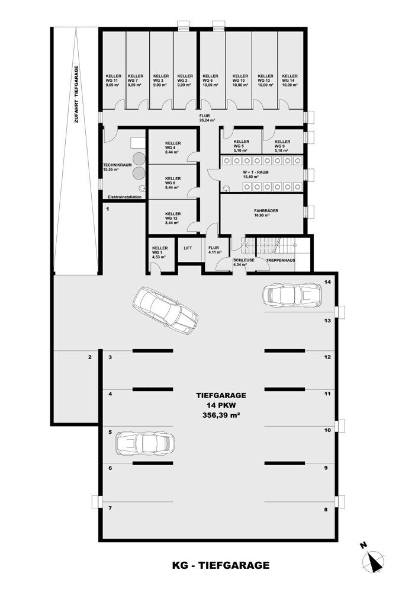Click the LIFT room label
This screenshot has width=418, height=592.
coord(188,248)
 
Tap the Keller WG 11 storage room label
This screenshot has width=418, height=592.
coord(114,81)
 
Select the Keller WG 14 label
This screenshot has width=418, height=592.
coord(290,81)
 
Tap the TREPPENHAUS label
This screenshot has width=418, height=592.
coord(280,261)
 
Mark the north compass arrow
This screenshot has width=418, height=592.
coord(374,560)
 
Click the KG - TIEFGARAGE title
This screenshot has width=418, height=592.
coord(221,565)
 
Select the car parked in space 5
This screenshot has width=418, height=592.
coord(146,443)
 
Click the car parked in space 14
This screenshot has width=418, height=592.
coord(292,294)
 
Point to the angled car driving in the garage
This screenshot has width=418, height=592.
coord(165,311)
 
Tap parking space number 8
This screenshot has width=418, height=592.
coord(326,509)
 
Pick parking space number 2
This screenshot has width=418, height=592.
coord(90,357)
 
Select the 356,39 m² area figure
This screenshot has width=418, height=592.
coord(221,415)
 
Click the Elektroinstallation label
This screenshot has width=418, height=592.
coord(124,197)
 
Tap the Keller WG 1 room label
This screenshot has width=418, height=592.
coord(160,252)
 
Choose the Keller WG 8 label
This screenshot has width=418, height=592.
coord(173,183)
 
